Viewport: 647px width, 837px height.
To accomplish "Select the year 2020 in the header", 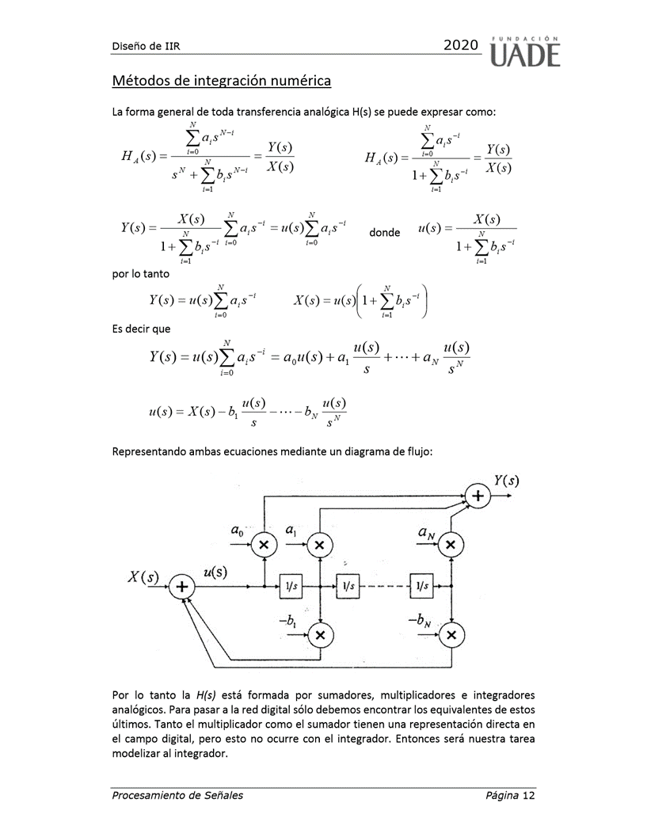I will point(461,46).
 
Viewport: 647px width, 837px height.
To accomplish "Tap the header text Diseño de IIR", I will point(146,46).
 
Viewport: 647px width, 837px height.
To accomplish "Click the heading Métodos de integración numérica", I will point(221,81).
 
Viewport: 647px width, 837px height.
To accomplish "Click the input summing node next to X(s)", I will point(181,587).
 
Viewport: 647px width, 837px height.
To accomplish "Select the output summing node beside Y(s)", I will point(478,496).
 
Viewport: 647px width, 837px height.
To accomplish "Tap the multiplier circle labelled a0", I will point(264,544).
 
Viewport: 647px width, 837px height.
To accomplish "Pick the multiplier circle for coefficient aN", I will point(451,544).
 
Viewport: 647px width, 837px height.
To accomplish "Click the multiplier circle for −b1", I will point(320,634).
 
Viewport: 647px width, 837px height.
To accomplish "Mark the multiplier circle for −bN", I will point(451,634).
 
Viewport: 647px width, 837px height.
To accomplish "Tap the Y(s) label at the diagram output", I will point(507,481).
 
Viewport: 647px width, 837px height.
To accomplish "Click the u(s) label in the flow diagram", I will point(215,573).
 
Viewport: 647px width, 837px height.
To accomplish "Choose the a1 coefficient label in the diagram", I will point(291,529).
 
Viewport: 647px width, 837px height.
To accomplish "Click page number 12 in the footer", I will point(528,795).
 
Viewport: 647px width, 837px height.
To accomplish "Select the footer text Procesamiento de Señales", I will point(177,795).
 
